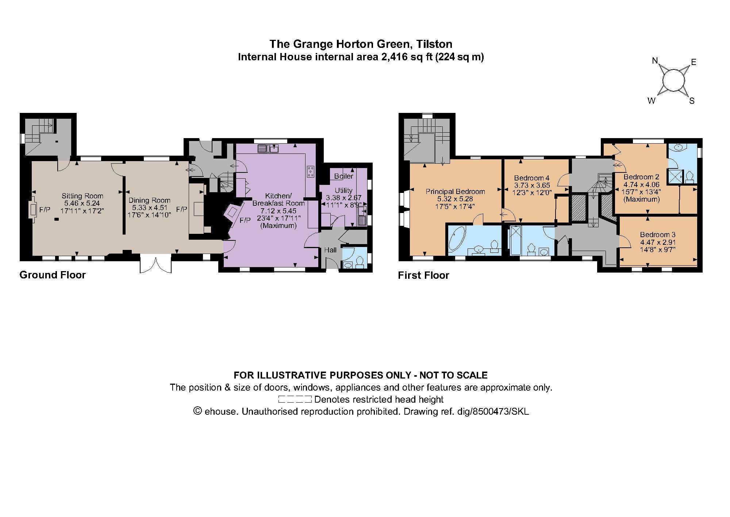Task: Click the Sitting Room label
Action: pos(82,196)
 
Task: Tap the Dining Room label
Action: pos(149,200)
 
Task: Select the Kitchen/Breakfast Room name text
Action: pos(278,199)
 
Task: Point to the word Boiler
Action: pos(343,176)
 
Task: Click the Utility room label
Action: pos(343,190)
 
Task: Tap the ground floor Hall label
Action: pos(330,250)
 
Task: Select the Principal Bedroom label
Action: pos(455,191)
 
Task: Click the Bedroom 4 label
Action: pos(531,178)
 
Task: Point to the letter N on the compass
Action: pos(655,61)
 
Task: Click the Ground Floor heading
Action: pos(53,275)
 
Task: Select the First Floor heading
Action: pos(423,275)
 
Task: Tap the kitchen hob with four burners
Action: pos(311,171)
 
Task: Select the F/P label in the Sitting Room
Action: pos(45,210)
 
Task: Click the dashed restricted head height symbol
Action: pos(295,399)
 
